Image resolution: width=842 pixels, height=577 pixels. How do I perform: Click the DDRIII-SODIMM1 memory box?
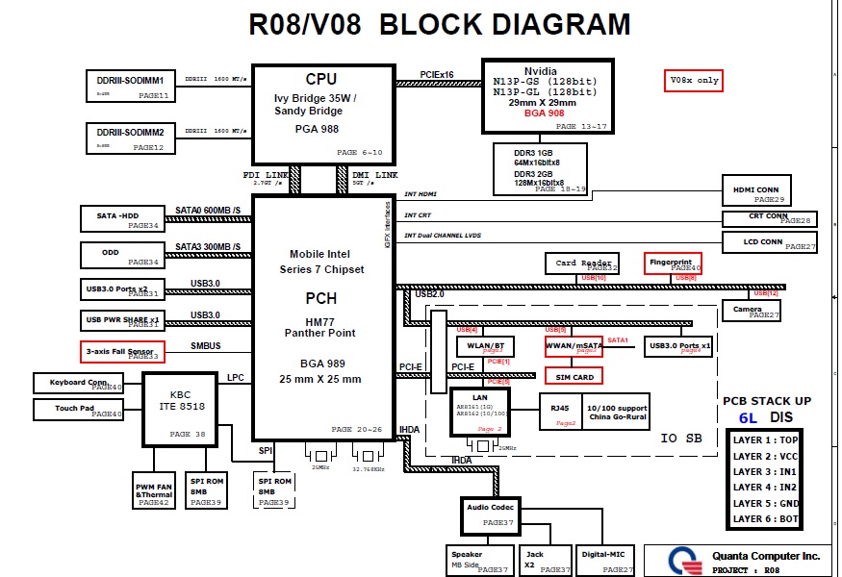(x=130, y=85)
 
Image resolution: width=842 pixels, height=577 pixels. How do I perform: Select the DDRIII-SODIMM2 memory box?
(x=130, y=137)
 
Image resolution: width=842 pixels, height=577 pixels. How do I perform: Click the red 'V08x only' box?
(x=693, y=81)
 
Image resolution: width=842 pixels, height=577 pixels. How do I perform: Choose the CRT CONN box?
(x=769, y=218)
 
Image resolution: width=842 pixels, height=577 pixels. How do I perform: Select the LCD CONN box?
(x=769, y=243)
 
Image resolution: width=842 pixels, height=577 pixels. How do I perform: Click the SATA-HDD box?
(x=121, y=218)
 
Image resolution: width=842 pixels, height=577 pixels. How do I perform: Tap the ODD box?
(x=121, y=255)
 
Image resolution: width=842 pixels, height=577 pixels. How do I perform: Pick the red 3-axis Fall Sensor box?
(x=122, y=352)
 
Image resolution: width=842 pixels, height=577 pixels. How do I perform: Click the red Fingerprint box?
(x=673, y=263)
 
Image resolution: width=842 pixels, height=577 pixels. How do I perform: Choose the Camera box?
(x=752, y=311)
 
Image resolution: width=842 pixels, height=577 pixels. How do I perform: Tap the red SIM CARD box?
(x=575, y=377)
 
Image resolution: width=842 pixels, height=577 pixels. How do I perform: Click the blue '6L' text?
(x=748, y=418)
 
